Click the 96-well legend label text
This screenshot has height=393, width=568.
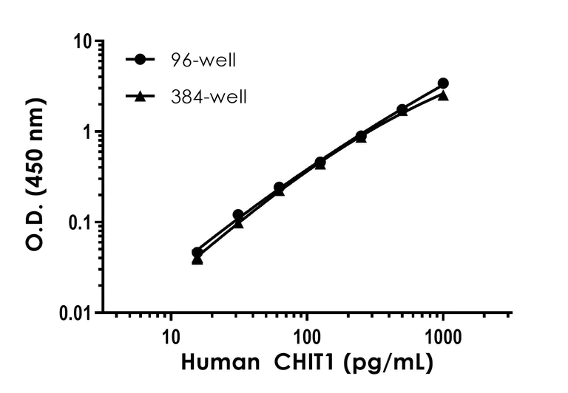[203, 61]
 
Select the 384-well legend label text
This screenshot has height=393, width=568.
[208, 96]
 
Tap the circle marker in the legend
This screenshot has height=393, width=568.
[138, 61]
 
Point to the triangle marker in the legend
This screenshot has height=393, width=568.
[138, 96]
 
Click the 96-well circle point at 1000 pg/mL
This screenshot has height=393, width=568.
[443, 83]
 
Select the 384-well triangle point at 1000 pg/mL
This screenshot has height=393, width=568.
[443, 95]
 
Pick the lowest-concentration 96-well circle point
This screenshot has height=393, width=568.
[197, 253]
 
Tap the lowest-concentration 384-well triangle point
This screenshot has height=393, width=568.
[197, 260]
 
